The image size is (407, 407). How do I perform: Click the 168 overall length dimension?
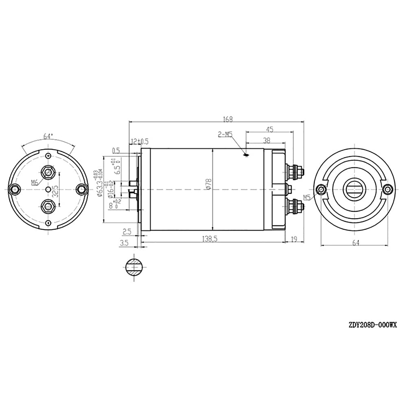(x=228, y=119)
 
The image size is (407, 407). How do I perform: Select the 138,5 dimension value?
(x=210, y=239)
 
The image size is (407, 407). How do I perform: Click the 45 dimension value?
(x=269, y=129)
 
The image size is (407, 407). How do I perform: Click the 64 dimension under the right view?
(x=355, y=243)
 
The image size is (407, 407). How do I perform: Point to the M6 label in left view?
(x=35, y=182)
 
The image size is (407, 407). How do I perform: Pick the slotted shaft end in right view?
(x=355, y=188)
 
